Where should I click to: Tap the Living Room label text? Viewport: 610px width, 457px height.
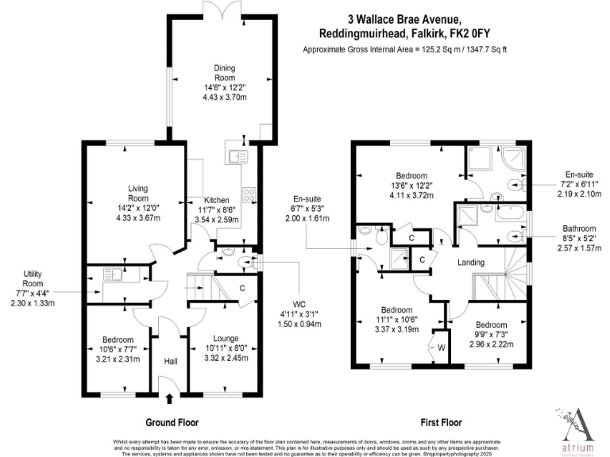click(138, 193)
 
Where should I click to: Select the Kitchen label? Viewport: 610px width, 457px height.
click(217, 200)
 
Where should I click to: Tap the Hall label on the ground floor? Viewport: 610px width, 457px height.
click(170, 362)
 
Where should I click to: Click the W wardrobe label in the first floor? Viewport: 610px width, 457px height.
click(439, 346)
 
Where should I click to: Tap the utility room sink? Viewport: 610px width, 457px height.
click(111, 275)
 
